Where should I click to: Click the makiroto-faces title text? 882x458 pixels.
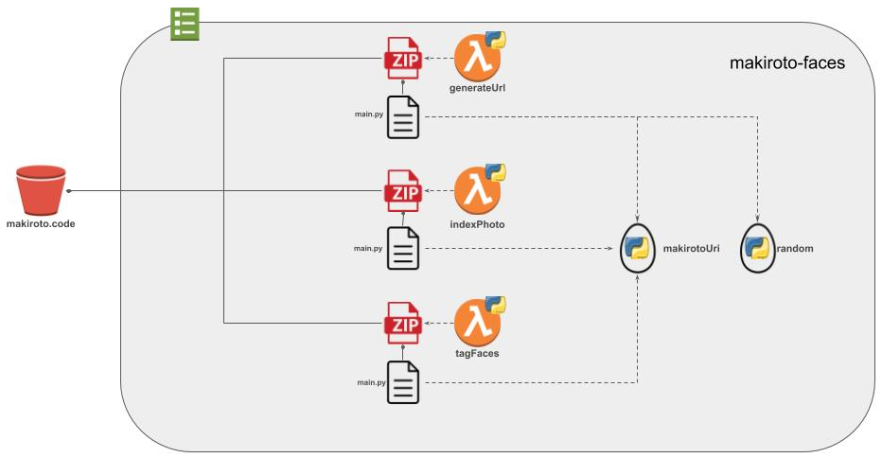click(x=787, y=64)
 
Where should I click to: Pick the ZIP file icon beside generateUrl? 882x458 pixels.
click(x=401, y=58)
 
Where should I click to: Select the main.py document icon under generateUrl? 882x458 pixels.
click(x=403, y=117)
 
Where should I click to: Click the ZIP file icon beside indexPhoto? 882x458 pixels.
click(x=401, y=191)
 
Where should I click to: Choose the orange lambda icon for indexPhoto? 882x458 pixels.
click(x=477, y=190)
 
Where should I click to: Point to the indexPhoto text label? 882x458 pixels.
click(x=477, y=224)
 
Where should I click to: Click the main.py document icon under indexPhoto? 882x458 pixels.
click(x=403, y=249)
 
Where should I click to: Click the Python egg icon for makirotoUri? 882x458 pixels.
click(x=637, y=249)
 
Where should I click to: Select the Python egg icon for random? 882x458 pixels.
click(x=756, y=249)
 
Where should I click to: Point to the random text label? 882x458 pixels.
click(x=794, y=249)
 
